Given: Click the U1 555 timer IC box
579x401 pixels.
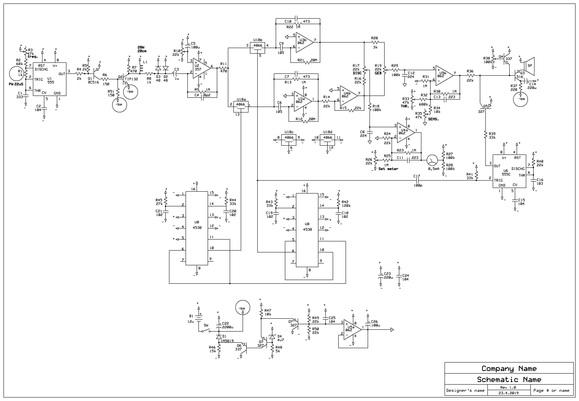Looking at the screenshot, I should pos(50,79).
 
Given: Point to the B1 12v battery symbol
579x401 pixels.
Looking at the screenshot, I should pos(199,318).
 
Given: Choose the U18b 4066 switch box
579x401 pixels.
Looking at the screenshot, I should pos(257,48).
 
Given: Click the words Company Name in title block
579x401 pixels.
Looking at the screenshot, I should pos(509,369).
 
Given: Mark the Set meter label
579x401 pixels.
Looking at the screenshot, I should pos(388,169).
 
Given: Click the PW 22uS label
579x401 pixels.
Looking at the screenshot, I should pos(16,84).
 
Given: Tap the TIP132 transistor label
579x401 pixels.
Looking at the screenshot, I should pos(131,79).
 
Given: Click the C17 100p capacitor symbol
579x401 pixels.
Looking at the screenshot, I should pos(417,180).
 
